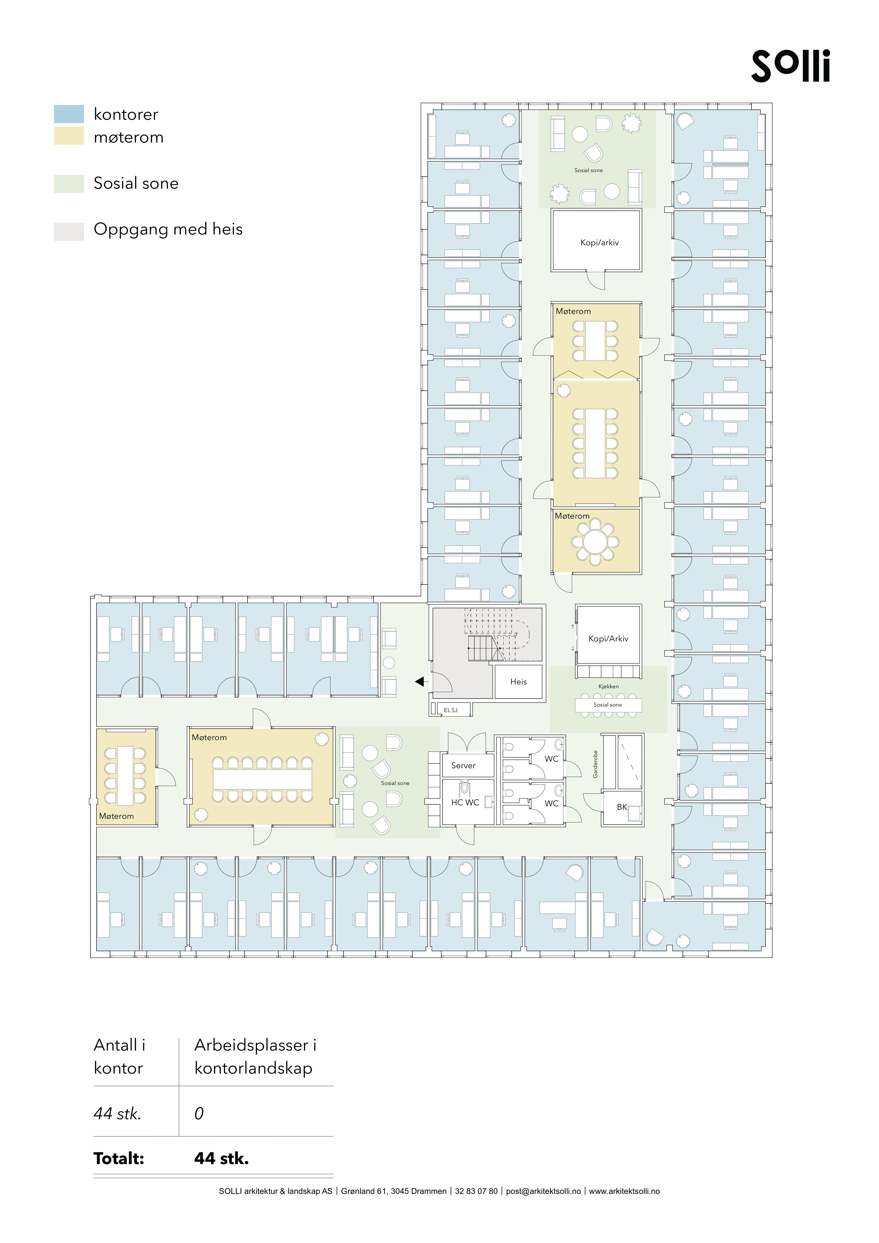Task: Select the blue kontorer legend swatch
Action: tap(69, 114)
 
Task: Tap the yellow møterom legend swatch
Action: tap(69, 136)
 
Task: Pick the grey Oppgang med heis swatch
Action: tap(69, 231)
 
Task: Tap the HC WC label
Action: tap(465, 802)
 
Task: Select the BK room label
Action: tap(622, 807)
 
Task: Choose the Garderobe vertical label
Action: tap(595, 764)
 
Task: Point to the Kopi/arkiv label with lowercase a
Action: tap(599, 243)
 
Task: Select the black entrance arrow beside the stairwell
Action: tap(419, 682)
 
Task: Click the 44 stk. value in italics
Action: tap(117, 1114)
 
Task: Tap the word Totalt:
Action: tap(119, 1159)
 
